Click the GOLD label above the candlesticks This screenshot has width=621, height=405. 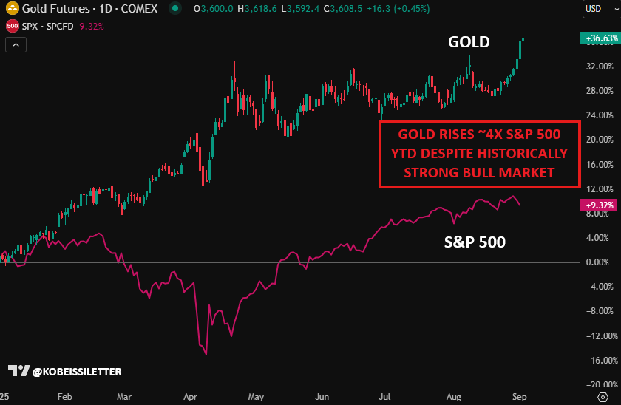pyautogui.click(x=469, y=42)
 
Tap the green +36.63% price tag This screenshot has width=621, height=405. pyautogui.click(x=600, y=38)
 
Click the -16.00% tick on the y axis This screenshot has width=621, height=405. pyautogui.click(x=600, y=361)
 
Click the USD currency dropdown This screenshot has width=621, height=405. pyautogui.click(x=597, y=9)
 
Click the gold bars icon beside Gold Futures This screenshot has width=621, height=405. pyautogui.click(x=12, y=9)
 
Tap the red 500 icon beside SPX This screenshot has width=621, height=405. pyautogui.click(x=12, y=26)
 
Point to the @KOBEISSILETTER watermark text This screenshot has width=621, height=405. pyautogui.click(x=77, y=371)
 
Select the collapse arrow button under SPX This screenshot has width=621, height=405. pyautogui.click(x=16, y=45)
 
